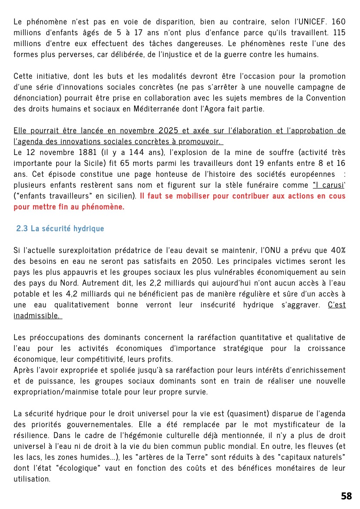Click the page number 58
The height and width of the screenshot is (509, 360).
pyautogui.click(x=347, y=496)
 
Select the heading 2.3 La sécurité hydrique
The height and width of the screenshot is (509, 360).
pyautogui.click(x=60, y=229)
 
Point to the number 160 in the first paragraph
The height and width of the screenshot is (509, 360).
pyautogui.click(x=338, y=21)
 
